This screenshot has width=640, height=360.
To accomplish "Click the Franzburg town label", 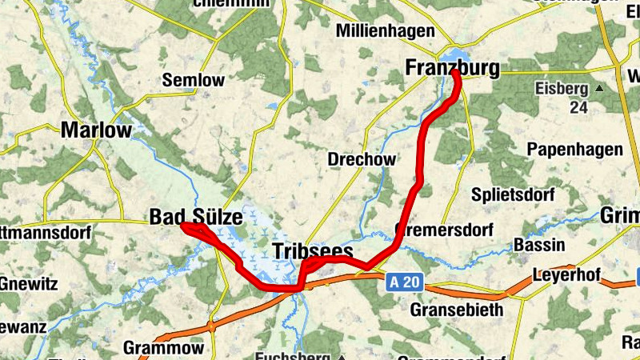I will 452,68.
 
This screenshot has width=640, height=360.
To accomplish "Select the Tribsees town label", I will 313,251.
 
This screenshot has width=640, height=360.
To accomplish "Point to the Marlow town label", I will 96,130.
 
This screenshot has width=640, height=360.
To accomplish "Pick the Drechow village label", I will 362,159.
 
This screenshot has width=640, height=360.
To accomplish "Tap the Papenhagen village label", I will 574,150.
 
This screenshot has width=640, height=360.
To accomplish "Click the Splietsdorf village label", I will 506,194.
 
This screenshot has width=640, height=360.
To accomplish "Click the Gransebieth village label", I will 457,309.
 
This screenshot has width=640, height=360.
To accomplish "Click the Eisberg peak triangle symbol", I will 598,87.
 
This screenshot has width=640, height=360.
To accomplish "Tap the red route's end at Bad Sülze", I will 183,226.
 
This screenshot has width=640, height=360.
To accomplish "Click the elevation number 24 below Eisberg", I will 578,106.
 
